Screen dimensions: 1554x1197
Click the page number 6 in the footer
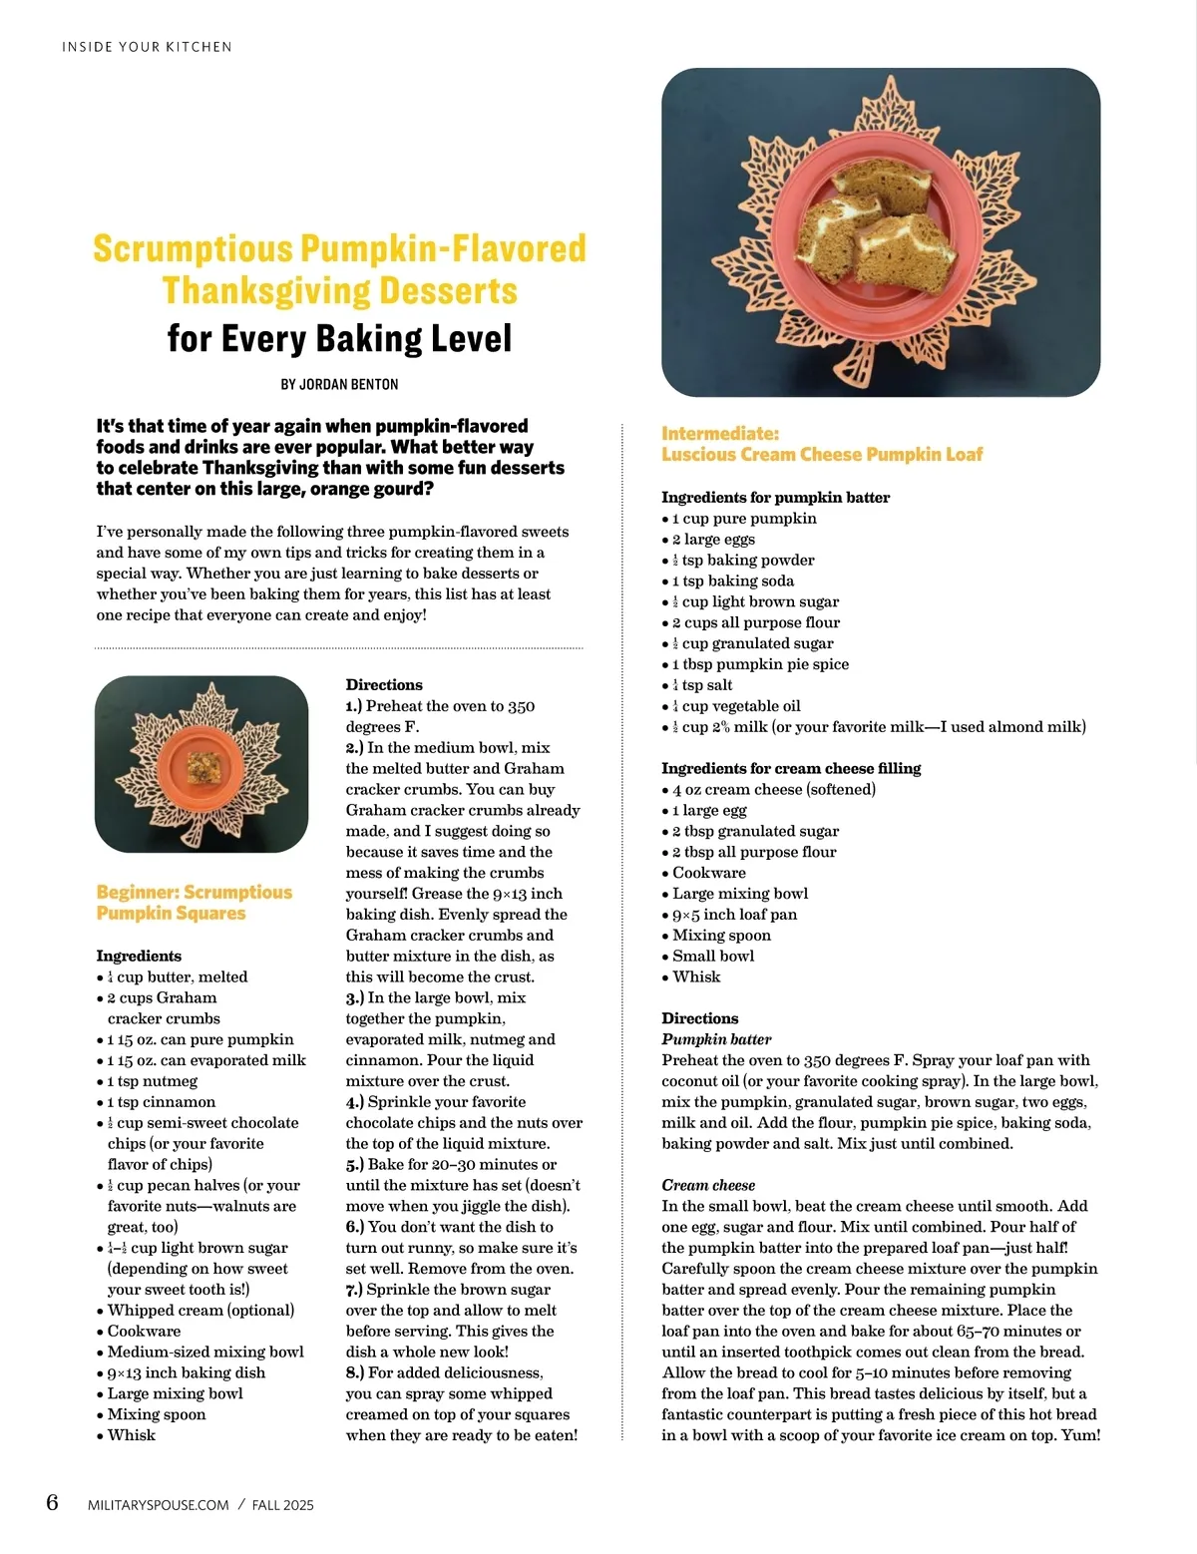tap(52, 1502)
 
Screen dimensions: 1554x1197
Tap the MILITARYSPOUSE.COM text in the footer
tap(159, 1505)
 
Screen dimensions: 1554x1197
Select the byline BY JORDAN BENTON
tap(339, 384)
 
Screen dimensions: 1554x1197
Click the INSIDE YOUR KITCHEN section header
tap(147, 47)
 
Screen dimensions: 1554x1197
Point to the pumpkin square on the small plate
tap(203, 766)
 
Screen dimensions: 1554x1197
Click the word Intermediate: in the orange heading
tap(720, 434)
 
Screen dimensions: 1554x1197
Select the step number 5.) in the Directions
tap(355, 1165)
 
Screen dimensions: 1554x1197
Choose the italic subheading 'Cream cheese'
tap(708, 1185)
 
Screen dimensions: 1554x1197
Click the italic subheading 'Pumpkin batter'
tap(716, 1039)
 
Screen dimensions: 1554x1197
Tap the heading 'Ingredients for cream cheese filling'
tap(791, 768)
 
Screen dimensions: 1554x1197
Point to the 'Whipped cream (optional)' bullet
tap(200, 1311)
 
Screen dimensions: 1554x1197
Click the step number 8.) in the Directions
tap(355, 1373)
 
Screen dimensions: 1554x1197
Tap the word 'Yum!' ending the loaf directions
tap(1081, 1435)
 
